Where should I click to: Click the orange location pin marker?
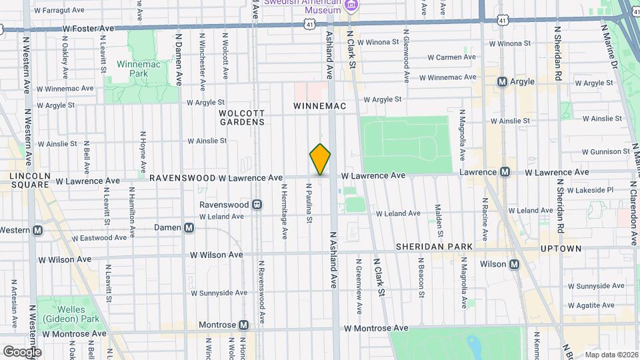(320, 159)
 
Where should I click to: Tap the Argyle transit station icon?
(503, 81)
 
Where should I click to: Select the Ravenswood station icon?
(256, 205)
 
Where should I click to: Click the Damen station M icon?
(189, 228)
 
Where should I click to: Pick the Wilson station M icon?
(514, 265)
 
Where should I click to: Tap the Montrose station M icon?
(244, 325)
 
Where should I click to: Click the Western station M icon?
(38, 231)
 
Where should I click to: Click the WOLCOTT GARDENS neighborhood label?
(241, 117)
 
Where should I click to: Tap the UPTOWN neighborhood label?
(561, 249)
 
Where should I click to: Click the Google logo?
(22, 351)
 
